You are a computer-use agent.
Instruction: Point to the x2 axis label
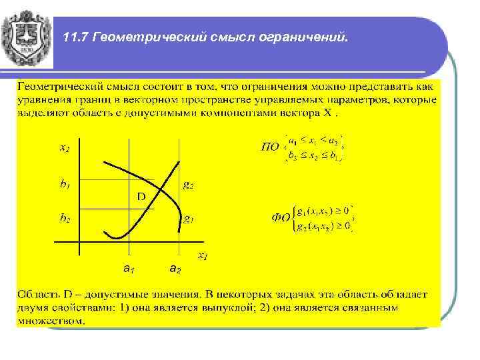coord(65,149)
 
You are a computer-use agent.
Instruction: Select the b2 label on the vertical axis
coord(65,217)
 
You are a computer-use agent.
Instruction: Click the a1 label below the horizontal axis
coord(129,269)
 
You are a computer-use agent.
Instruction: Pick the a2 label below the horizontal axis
coord(174,269)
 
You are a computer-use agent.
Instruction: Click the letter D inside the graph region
coord(141,197)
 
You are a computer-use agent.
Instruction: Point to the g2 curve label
coord(189,185)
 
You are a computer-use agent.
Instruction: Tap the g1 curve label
coord(189,218)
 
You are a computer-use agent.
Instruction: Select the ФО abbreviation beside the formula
coord(281,217)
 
